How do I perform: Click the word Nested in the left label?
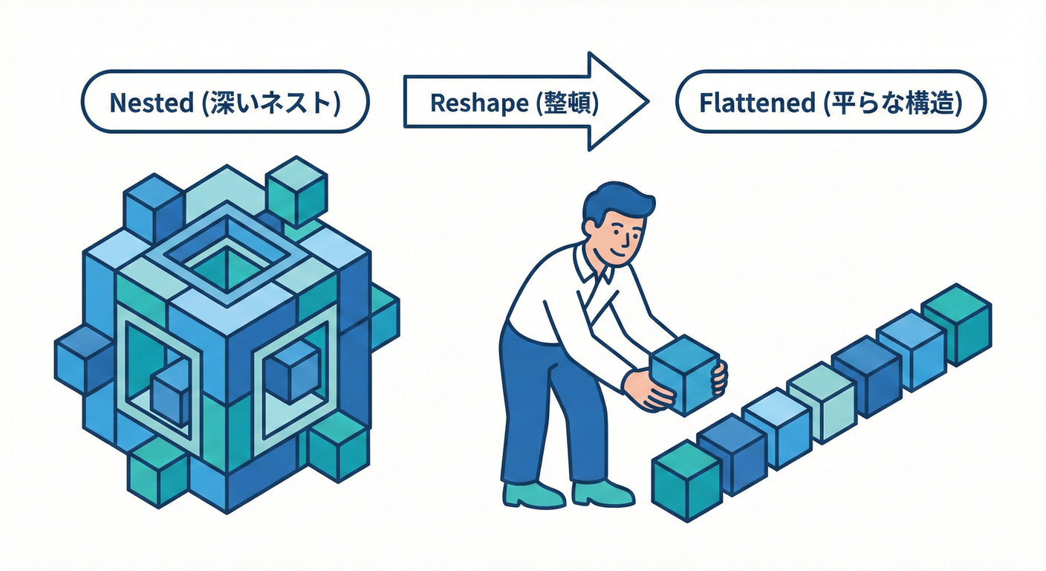(x=151, y=103)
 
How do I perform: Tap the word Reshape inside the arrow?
(x=467, y=103)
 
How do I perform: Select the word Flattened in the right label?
(x=757, y=103)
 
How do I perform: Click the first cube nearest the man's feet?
(x=686, y=480)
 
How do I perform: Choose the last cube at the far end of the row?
(x=956, y=323)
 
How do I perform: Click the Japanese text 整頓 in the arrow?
(x=572, y=103)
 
